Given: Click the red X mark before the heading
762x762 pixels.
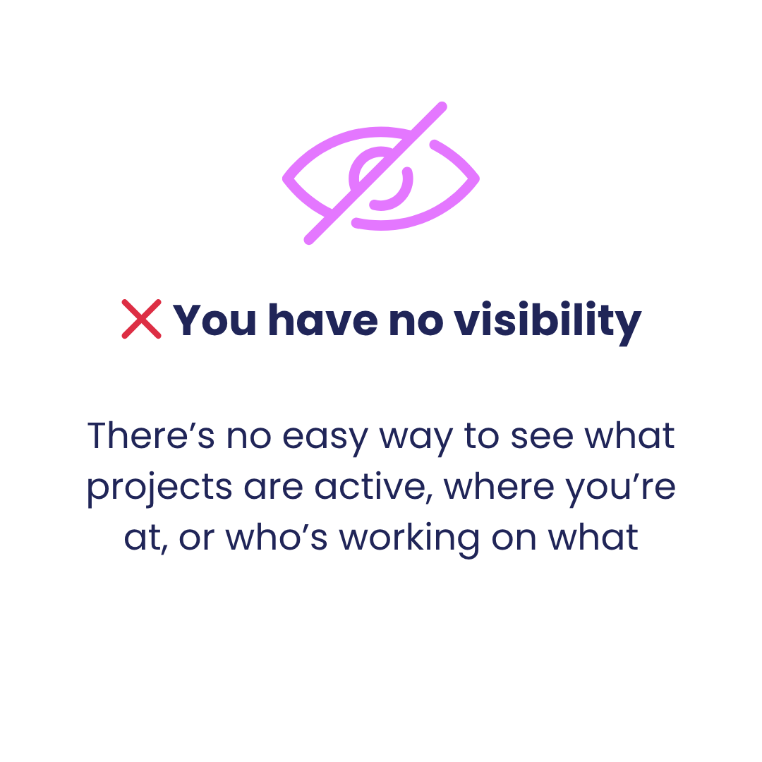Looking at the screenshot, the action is pyautogui.click(x=141, y=319).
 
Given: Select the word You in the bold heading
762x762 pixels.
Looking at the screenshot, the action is pyautogui.click(x=214, y=320).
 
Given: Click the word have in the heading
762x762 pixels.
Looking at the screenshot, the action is pyautogui.click(x=323, y=320).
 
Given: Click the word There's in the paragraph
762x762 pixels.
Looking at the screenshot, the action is pyautogui.click(x=151, y=435).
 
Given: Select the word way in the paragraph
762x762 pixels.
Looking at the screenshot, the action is pyautogui.click(x=416, y=440).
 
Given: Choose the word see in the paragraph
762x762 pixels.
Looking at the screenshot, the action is pyautogui.click(x=542, y=437).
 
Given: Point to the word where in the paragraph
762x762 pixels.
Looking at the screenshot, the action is pyautogui.click(x=499, y=485).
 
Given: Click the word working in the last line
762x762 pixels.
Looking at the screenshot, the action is pyautogui.click(x=409, y=540).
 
